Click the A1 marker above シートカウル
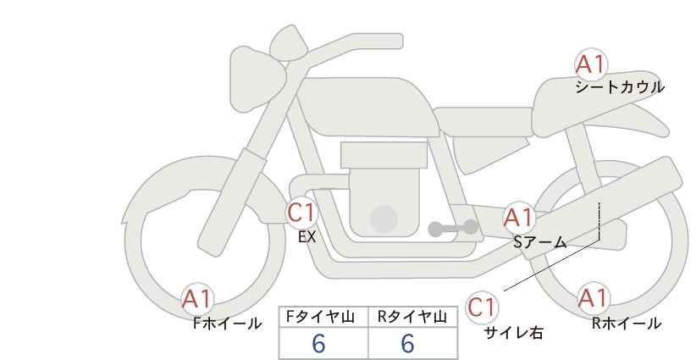(x=590, y=64)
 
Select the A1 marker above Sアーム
(x=518, y=218)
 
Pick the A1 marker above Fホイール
(x=196, y=299)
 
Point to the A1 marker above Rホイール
(x=593, y=298)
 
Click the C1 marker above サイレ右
(x=482, y=307)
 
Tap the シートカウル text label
(x=620, y=87)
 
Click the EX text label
(x=307, y=237)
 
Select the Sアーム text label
(x=540, y=242)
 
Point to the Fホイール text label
(x=227, y=324)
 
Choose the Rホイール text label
(x=627, y=324)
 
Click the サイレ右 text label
(x=514, y=333)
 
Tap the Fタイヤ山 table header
(x=320, y=318)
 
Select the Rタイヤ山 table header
(x=412, y=318)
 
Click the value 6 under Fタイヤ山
(x=318, y=344)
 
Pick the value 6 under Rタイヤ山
(x=407, y=344)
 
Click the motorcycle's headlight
(x=256, y=80)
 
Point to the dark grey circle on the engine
(x=384, y=219)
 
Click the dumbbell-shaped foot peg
(x=453, y=228)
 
